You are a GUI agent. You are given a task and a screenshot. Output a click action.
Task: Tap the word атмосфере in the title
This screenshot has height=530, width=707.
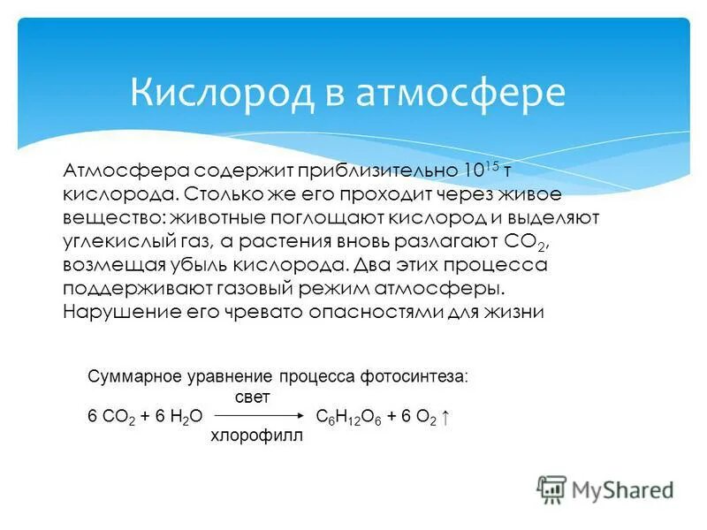(x=460, y=93)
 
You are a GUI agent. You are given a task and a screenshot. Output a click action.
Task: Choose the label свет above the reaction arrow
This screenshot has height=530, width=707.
(x=253, y=397)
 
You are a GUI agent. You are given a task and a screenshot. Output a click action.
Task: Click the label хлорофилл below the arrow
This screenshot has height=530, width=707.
(x=256, y=435)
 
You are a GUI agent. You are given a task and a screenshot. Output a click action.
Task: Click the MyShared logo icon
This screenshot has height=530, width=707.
(x=552, y=488)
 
